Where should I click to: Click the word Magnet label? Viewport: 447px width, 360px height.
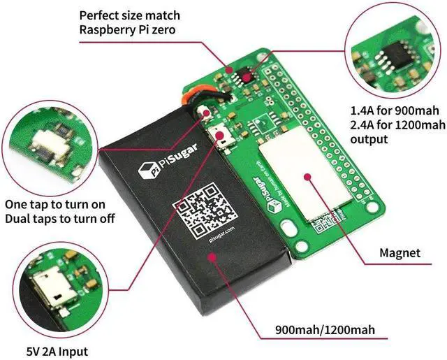[400, 252]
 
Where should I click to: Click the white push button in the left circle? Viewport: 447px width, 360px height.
[45, 144]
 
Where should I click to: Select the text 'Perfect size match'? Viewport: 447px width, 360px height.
[129, 14]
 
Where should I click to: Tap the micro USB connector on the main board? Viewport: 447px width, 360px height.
[220, 135]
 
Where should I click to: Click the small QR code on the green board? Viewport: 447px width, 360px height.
[322, 226]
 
